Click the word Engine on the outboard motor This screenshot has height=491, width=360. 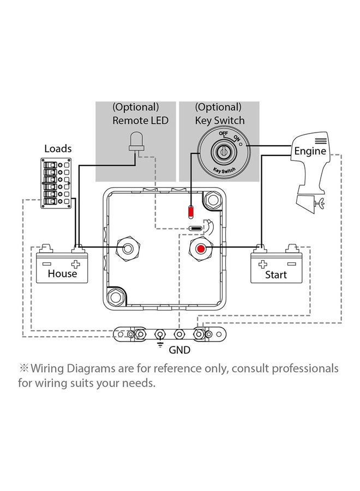pyautogui.click(x=310, y=151)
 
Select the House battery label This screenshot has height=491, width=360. pyautogui.click(x=62, y=273)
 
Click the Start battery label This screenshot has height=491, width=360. pyautogui.click(x=275, y=274)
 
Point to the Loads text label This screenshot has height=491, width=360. pyautogui.click(x=57, y=148)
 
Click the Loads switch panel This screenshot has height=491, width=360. pyautogui.click(x=56, y=184)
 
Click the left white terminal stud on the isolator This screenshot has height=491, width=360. pyautogui.click(x=129, y=249)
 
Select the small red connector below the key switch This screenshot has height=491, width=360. pyautogui.click(x=190, y=211)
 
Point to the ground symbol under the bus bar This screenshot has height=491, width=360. pyautogui.click(x=159, y=344)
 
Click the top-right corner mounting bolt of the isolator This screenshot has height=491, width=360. pyautogui.click(x=212, y=201)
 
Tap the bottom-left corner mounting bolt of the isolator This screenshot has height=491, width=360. pyautogui.click(x=116, y=297)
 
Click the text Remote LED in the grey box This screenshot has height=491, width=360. pyautogui.click(x=140, y=121)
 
